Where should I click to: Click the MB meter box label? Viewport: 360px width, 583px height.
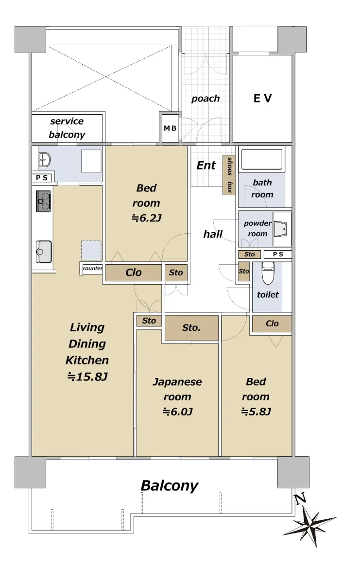[x=170, y=128]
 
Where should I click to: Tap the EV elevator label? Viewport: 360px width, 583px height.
[x=262, y=98]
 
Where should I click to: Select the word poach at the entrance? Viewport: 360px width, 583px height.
[x=206, y=98]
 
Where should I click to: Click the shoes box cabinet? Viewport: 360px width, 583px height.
[x=229, y=175]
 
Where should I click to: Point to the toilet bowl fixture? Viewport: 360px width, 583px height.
[x=268, y=273]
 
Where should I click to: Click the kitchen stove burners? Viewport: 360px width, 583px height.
[x=43, y=201]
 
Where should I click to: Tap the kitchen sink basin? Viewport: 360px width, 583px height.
[x=44, y=252]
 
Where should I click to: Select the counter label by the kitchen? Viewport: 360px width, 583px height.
[x=92, y=268]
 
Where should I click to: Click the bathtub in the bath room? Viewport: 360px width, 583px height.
[x=262, y=159]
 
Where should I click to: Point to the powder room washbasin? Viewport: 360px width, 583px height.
[x=281, y=228]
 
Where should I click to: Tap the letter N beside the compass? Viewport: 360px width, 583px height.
[x=300, y=498]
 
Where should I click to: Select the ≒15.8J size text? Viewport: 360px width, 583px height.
[x=87, y=377]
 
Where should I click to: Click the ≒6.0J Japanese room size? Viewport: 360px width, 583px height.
[x=177, y=412]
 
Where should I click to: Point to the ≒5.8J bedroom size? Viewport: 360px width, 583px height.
[x=256, y=412]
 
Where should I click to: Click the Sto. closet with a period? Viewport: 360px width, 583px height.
[x=191, y=327]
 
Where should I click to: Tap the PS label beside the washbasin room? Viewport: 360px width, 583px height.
[x=42, y=178]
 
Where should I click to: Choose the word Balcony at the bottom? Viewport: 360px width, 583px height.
[x=170, y=486]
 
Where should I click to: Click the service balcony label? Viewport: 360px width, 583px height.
[x=67, y=128]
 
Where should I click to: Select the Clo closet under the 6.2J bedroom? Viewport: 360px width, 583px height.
[x=133, y=273]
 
